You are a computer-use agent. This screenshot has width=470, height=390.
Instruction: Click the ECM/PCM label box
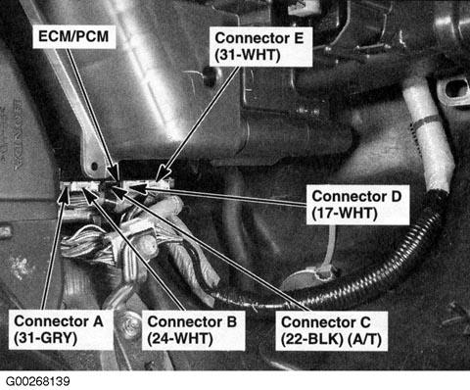pos(74,36)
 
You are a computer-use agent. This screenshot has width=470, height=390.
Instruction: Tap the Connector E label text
pos(259,38)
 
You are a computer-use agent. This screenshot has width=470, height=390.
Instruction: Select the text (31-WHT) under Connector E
pos(248,55)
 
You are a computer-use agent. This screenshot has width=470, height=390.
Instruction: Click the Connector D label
pos(357,205)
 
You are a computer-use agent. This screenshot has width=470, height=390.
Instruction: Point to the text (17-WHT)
pos(345,214)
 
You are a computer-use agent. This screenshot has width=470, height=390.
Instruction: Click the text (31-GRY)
pos(46,338)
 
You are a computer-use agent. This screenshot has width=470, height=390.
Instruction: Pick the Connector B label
pos(193,330)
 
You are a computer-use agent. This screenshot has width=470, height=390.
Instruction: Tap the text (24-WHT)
pos(180,339)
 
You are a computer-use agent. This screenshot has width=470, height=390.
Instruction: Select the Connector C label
pos(331,331)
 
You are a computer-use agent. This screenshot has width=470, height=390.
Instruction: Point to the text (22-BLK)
pos(312,340)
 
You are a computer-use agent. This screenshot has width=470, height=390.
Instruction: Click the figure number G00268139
pos(38,381)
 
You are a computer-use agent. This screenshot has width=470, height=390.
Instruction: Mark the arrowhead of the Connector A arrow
pos(65,194)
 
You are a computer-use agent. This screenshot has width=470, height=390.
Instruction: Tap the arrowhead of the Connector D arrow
pos(138,188)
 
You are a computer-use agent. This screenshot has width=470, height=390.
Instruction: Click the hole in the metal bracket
pos(94,167)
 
